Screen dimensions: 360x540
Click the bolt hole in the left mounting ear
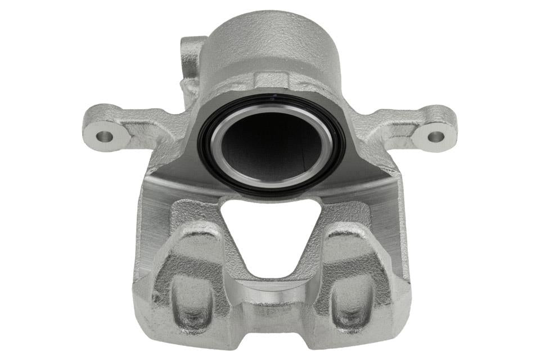105,136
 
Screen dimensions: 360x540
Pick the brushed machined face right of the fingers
394,225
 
